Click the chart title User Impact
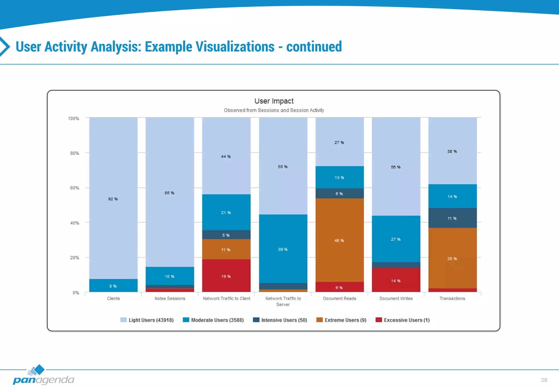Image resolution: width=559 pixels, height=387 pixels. pos(274,101)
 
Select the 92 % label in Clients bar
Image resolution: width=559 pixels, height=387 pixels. pos(113,199)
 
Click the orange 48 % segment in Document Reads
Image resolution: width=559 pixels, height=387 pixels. pos(339,240)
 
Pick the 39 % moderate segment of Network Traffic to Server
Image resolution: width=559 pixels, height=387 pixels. pos(283,249)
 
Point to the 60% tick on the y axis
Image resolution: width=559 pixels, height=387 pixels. pos(75,188)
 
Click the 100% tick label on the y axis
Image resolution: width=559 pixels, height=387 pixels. pos(73,118)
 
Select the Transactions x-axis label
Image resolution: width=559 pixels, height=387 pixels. pos(452,298)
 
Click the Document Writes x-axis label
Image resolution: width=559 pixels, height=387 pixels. pos(396,298)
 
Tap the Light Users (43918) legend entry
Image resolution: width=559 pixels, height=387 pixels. pos(147,320)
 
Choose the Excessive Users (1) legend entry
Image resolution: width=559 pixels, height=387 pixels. pos(403,320)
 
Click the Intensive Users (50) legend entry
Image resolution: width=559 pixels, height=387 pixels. pos(280,320)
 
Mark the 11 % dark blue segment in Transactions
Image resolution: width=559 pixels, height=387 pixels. pos(452,218)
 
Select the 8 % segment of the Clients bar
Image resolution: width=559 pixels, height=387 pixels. pos(113,286)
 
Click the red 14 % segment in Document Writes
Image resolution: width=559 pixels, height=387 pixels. pos(396,281)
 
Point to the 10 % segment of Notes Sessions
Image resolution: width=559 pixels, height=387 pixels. pos(170,276)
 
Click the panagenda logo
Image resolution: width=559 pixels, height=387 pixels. pos(43,376)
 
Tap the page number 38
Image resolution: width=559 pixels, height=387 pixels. pos(544,380)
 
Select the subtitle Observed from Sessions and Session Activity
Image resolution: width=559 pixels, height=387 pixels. pos(274,110)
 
